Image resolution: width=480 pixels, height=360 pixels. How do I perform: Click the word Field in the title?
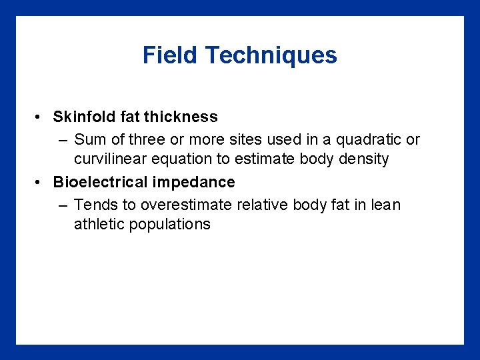(171, 55)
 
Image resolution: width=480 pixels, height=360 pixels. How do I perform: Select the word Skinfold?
(84, 117)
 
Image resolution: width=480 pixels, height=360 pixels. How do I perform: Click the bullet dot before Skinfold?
(40, 117)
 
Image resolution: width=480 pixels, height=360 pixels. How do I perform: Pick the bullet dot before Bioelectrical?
(40, 183)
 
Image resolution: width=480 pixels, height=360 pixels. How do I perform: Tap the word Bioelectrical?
(101, 182)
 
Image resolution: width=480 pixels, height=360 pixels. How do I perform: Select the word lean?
(387, 205)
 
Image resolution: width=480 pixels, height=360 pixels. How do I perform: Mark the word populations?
(171, 225)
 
